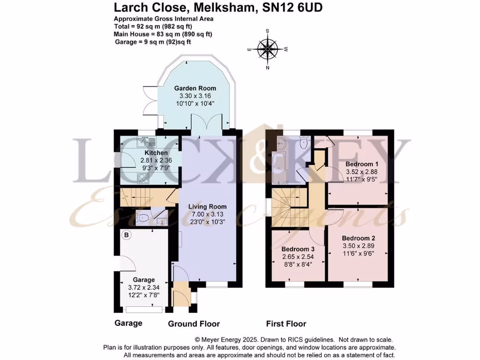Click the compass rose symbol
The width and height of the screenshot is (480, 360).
pos(268,49)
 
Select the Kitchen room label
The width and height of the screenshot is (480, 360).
pos(156,153)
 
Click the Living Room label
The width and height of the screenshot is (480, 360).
pos(207,206)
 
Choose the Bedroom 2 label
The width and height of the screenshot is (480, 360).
pos(358,238)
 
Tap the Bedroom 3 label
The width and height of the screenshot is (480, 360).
pos(297,249)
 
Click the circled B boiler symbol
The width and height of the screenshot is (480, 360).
pos(126,234)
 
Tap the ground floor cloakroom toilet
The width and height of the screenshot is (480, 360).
pos(142,217)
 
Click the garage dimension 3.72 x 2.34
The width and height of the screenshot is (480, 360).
pos(143,287)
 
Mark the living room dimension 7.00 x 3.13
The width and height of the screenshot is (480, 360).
pos(207,214)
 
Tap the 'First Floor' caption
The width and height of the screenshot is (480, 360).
pos(286,323)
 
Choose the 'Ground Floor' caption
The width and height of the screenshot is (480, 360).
pos(194,323)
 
